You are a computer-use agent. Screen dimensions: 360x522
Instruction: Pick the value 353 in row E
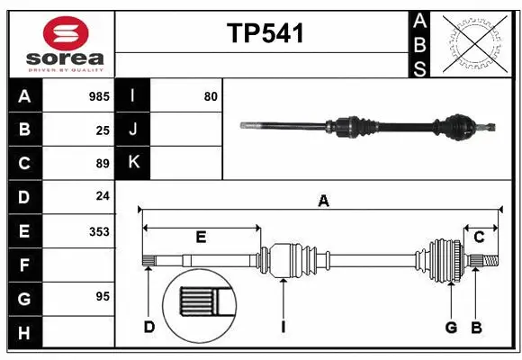(x=98, y=231)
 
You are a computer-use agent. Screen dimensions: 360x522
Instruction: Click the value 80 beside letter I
(x=211, y=96)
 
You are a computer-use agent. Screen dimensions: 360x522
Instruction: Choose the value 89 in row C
(x=102, y=164)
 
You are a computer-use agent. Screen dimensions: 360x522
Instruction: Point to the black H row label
(x=24, y=333)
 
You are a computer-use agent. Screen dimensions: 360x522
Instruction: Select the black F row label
(x=24, y=265)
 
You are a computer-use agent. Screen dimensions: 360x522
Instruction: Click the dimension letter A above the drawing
(x=322, y=202)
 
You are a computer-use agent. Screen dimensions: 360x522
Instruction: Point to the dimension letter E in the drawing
(x=201, y=237)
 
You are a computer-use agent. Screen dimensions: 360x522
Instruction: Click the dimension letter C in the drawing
(x=479, y=237)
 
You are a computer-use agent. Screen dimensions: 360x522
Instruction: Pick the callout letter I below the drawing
(x=282, y=326)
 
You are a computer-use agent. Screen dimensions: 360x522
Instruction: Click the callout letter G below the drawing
(x=451, y=326)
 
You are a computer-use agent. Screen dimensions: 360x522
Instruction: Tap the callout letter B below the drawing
(x=476, y=326)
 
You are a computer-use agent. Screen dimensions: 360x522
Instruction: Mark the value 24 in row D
(x=102, y=197)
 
